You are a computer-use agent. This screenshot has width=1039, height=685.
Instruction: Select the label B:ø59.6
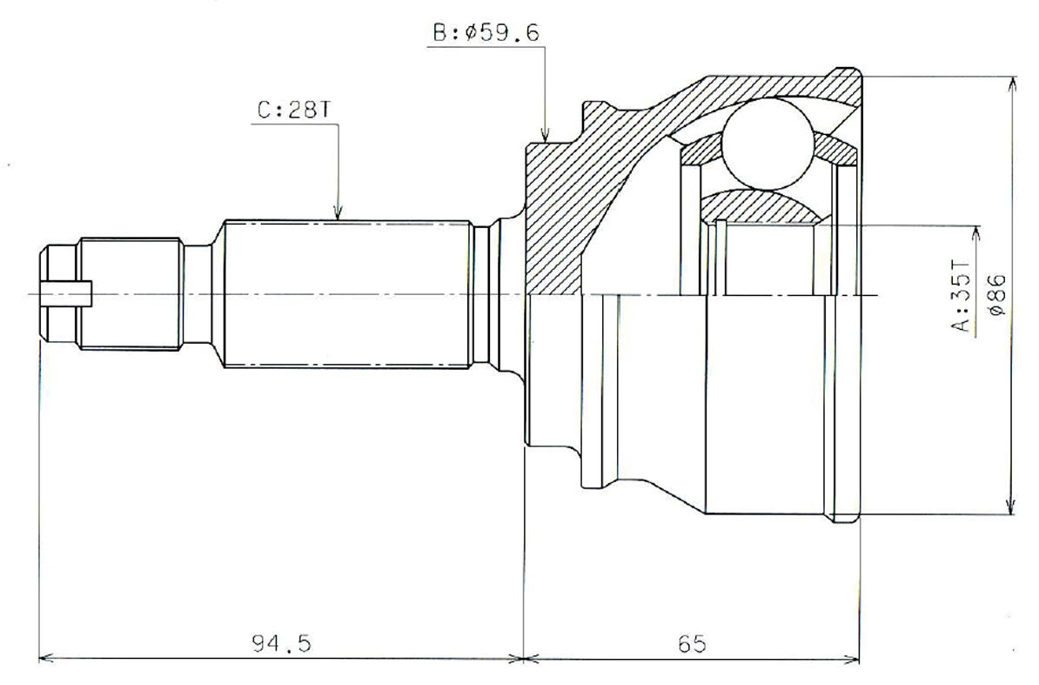pos(486,33)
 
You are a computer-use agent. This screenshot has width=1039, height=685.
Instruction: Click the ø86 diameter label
pos(997,295)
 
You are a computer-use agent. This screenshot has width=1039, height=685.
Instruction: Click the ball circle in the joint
pos(767,143)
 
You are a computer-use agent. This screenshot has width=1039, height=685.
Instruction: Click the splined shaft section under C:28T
pos(348,294)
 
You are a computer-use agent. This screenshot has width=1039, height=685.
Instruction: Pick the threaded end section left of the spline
pos(131,294)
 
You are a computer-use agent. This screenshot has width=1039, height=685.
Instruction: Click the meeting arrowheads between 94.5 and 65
pos(524,657)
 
